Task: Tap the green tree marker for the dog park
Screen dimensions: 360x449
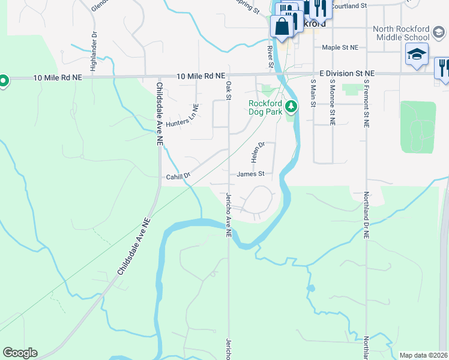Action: point(291,107)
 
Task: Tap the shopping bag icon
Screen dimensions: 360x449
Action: point(282,26)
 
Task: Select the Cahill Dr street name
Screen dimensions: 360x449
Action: point(178,176)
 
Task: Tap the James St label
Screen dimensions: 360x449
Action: point(250,174)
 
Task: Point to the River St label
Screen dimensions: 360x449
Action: point(270,55)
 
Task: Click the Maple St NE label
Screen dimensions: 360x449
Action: point(340,47)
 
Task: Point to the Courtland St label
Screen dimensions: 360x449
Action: point(349,5)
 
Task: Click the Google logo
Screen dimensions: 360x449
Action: point(20,353)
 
